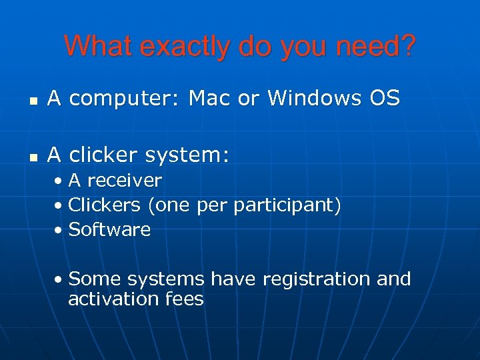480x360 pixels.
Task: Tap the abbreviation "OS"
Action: coord(384,98)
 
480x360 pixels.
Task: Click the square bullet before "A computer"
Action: coord(32,101)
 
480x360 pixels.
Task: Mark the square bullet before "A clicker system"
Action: coord(32,157)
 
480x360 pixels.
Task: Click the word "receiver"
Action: coord(125,181)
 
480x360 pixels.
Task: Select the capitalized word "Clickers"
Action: coord(105,205)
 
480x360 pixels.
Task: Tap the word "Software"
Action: coord(110,229)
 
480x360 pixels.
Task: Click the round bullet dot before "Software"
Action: coord(60,231)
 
